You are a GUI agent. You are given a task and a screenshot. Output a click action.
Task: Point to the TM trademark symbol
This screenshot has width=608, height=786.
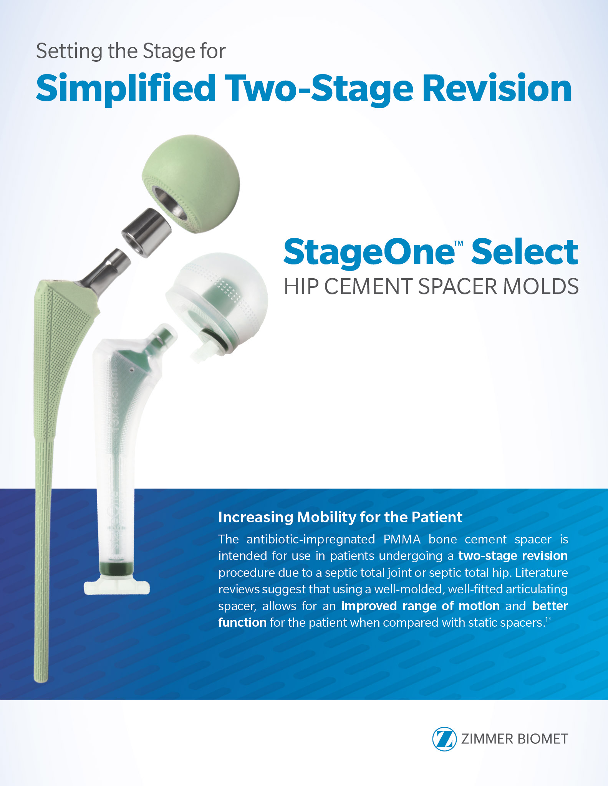pos(459,243)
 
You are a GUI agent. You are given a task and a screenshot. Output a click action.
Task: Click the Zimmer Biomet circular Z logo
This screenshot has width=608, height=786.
pos(444,739)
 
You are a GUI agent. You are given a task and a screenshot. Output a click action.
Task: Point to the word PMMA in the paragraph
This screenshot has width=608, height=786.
pos(402,539)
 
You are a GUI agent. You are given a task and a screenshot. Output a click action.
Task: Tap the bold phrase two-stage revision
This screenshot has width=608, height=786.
pos(513,556)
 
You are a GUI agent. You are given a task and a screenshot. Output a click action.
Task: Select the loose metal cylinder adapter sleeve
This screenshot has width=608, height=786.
pos(147,233)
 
